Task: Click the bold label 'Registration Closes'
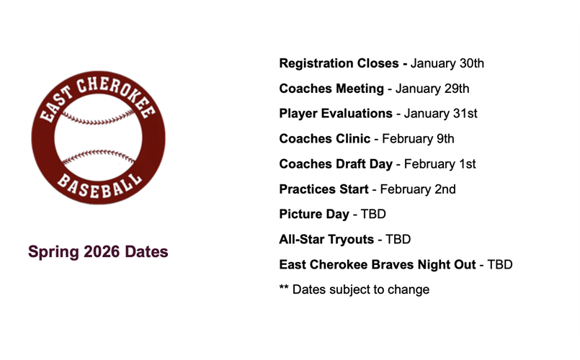339,63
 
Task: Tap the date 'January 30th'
447,63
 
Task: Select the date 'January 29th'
432,89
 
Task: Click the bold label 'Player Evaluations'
336,114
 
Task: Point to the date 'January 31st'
440,114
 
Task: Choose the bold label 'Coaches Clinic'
324,139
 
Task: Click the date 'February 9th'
418,139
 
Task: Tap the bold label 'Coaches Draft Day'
336,164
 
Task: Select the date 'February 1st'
440,164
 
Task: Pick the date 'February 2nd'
418,189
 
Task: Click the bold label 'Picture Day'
313,215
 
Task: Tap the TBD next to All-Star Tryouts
398,240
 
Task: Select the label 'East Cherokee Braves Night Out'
378,265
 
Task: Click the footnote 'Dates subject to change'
360,289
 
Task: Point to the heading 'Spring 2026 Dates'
98,252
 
